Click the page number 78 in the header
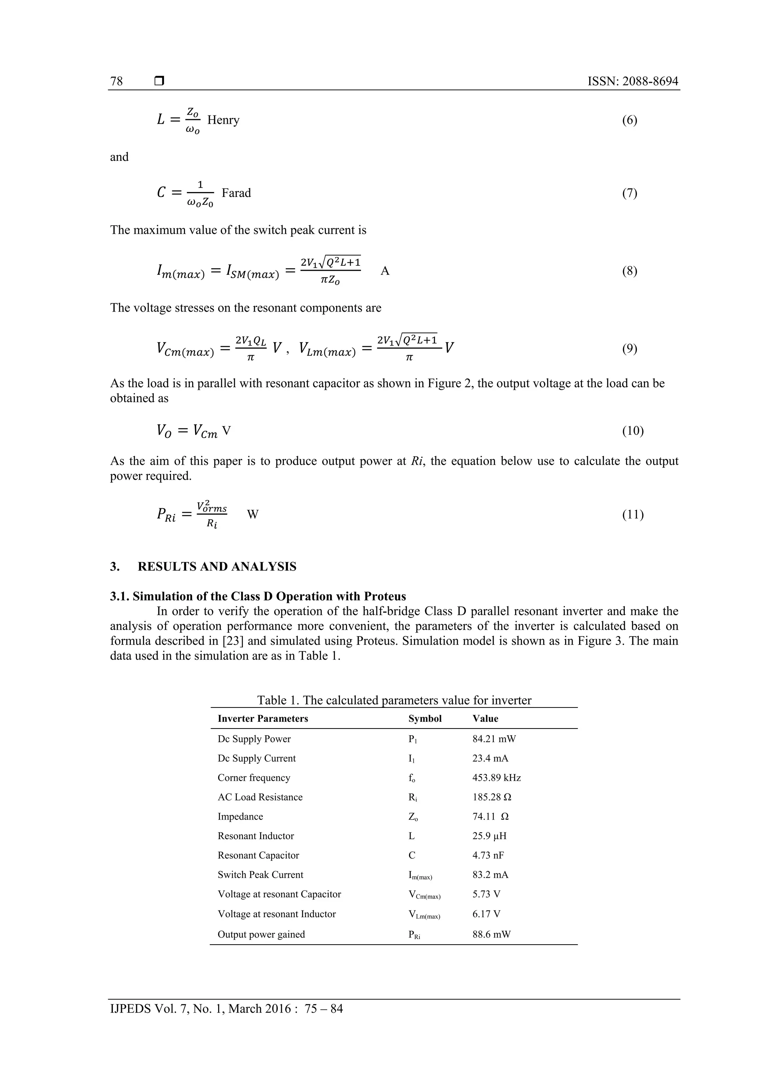tap(116, 81)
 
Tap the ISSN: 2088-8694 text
tap(632, 81)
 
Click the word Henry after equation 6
tap(223, 120)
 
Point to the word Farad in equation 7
tap(236, 193)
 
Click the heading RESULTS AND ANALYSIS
tap(217, 566)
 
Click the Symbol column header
tap(424, 719)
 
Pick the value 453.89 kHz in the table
tap(496, 777)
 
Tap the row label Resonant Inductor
tap(256, 836)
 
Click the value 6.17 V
tap(486, 914)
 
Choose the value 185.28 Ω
tap(491, 797)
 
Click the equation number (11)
tap(632, 514)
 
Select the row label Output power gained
tap(261, 935)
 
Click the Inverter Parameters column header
tap(263, 719)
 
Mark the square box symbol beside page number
tap(159, 81)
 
